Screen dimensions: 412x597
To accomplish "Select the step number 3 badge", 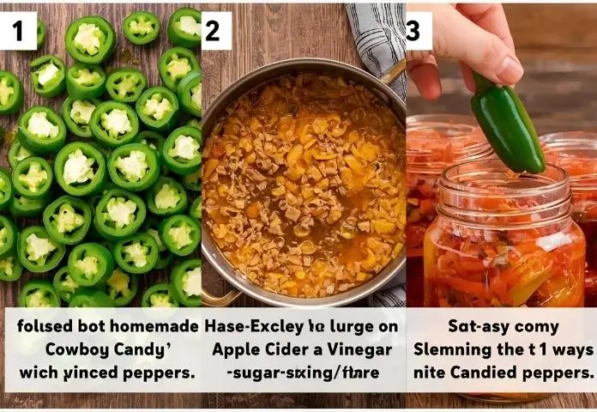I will (415, 31).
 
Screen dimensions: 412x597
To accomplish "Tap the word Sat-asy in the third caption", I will (476, 327).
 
